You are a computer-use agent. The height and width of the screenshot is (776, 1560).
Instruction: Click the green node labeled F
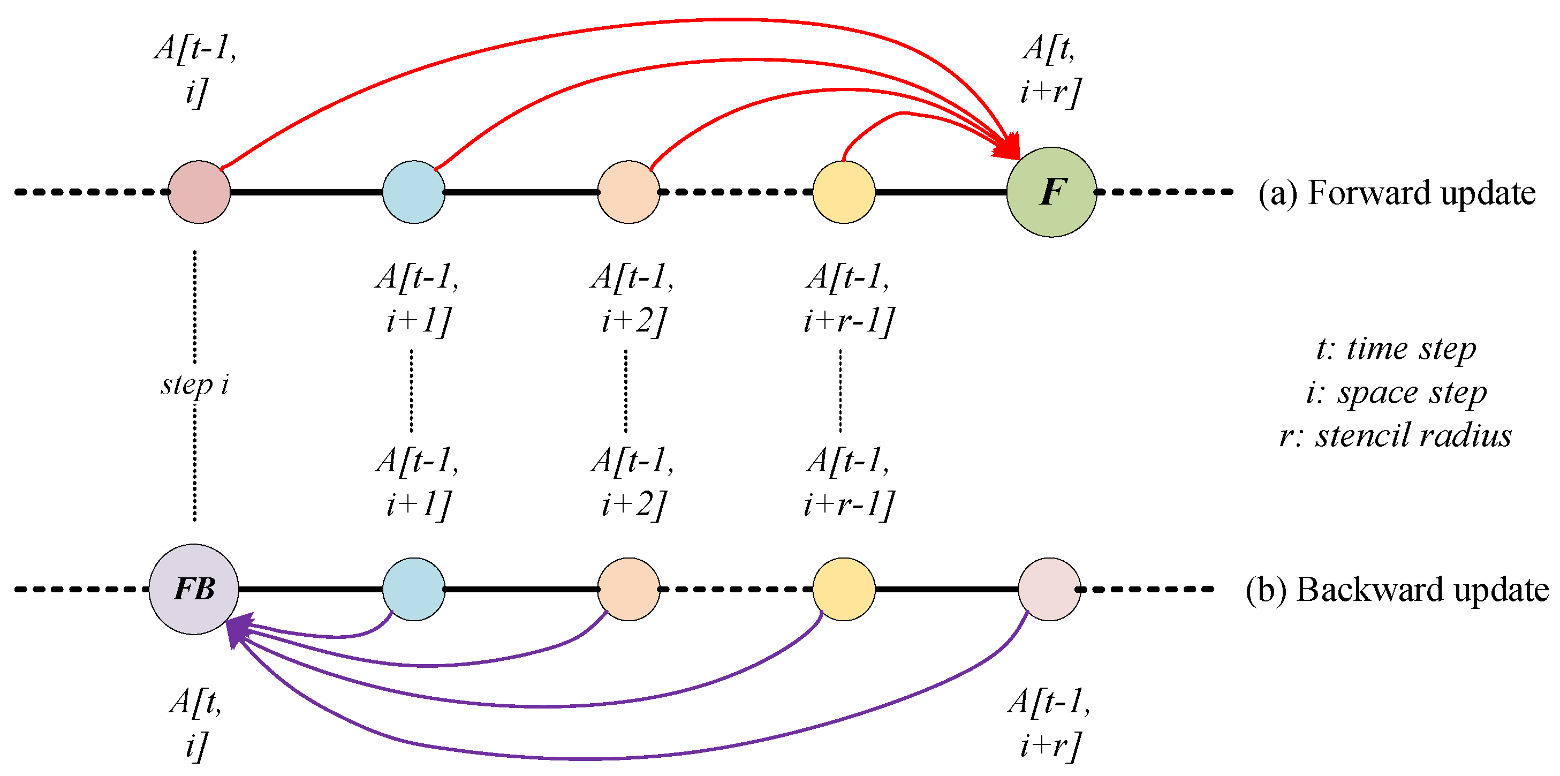(x=1051, y=192)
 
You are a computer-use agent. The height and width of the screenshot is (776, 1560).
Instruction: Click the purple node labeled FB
(x=194, y=589)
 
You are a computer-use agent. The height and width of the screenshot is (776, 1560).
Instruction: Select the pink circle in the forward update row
(x=199, y=192)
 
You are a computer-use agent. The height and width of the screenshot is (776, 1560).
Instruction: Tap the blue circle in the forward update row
(x=414, y=192)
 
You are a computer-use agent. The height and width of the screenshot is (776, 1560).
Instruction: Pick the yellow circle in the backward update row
(x=843, y=589)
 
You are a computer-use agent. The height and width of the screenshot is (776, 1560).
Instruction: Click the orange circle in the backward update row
(x=628, y=589)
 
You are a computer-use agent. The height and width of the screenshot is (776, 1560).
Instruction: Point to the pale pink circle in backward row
(x=1049, y=589)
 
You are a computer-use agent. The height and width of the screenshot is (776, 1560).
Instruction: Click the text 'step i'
(x=194, y=385)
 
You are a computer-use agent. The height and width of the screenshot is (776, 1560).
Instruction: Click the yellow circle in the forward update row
(x=843, y=192)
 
